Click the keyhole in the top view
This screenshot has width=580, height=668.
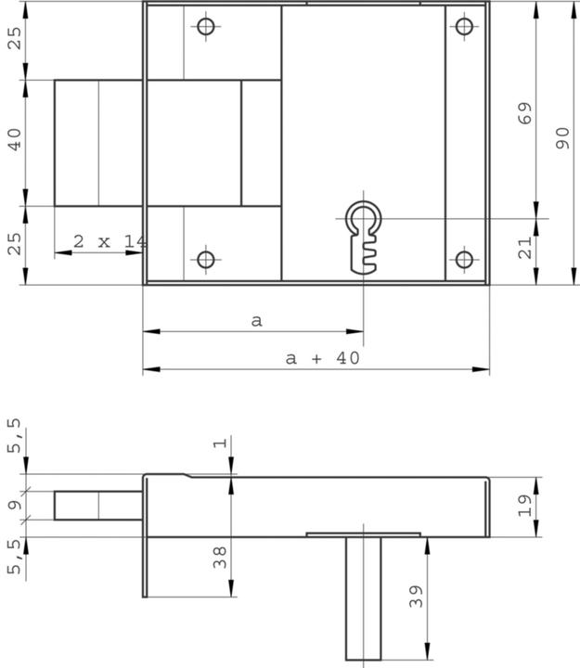(364, 235)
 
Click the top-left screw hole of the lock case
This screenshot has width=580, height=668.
(206, 26)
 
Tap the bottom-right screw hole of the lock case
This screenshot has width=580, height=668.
(464, 259)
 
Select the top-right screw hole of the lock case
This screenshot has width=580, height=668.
(464, 26)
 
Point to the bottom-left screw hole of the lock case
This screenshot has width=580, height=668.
(206, 259)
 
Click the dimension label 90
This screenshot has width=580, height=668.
(562, 139)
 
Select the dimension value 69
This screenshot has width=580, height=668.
(524, 114)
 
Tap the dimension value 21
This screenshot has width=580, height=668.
(524, 248)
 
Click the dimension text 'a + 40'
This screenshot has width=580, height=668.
(322, 358)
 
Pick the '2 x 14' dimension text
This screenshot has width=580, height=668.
(110, 241)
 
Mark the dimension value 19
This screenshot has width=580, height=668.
(524, 505)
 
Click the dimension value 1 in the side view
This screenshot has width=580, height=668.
(220, 443)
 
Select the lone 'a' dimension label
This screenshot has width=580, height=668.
(257, 320)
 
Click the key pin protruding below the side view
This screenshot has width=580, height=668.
(363, 598)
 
